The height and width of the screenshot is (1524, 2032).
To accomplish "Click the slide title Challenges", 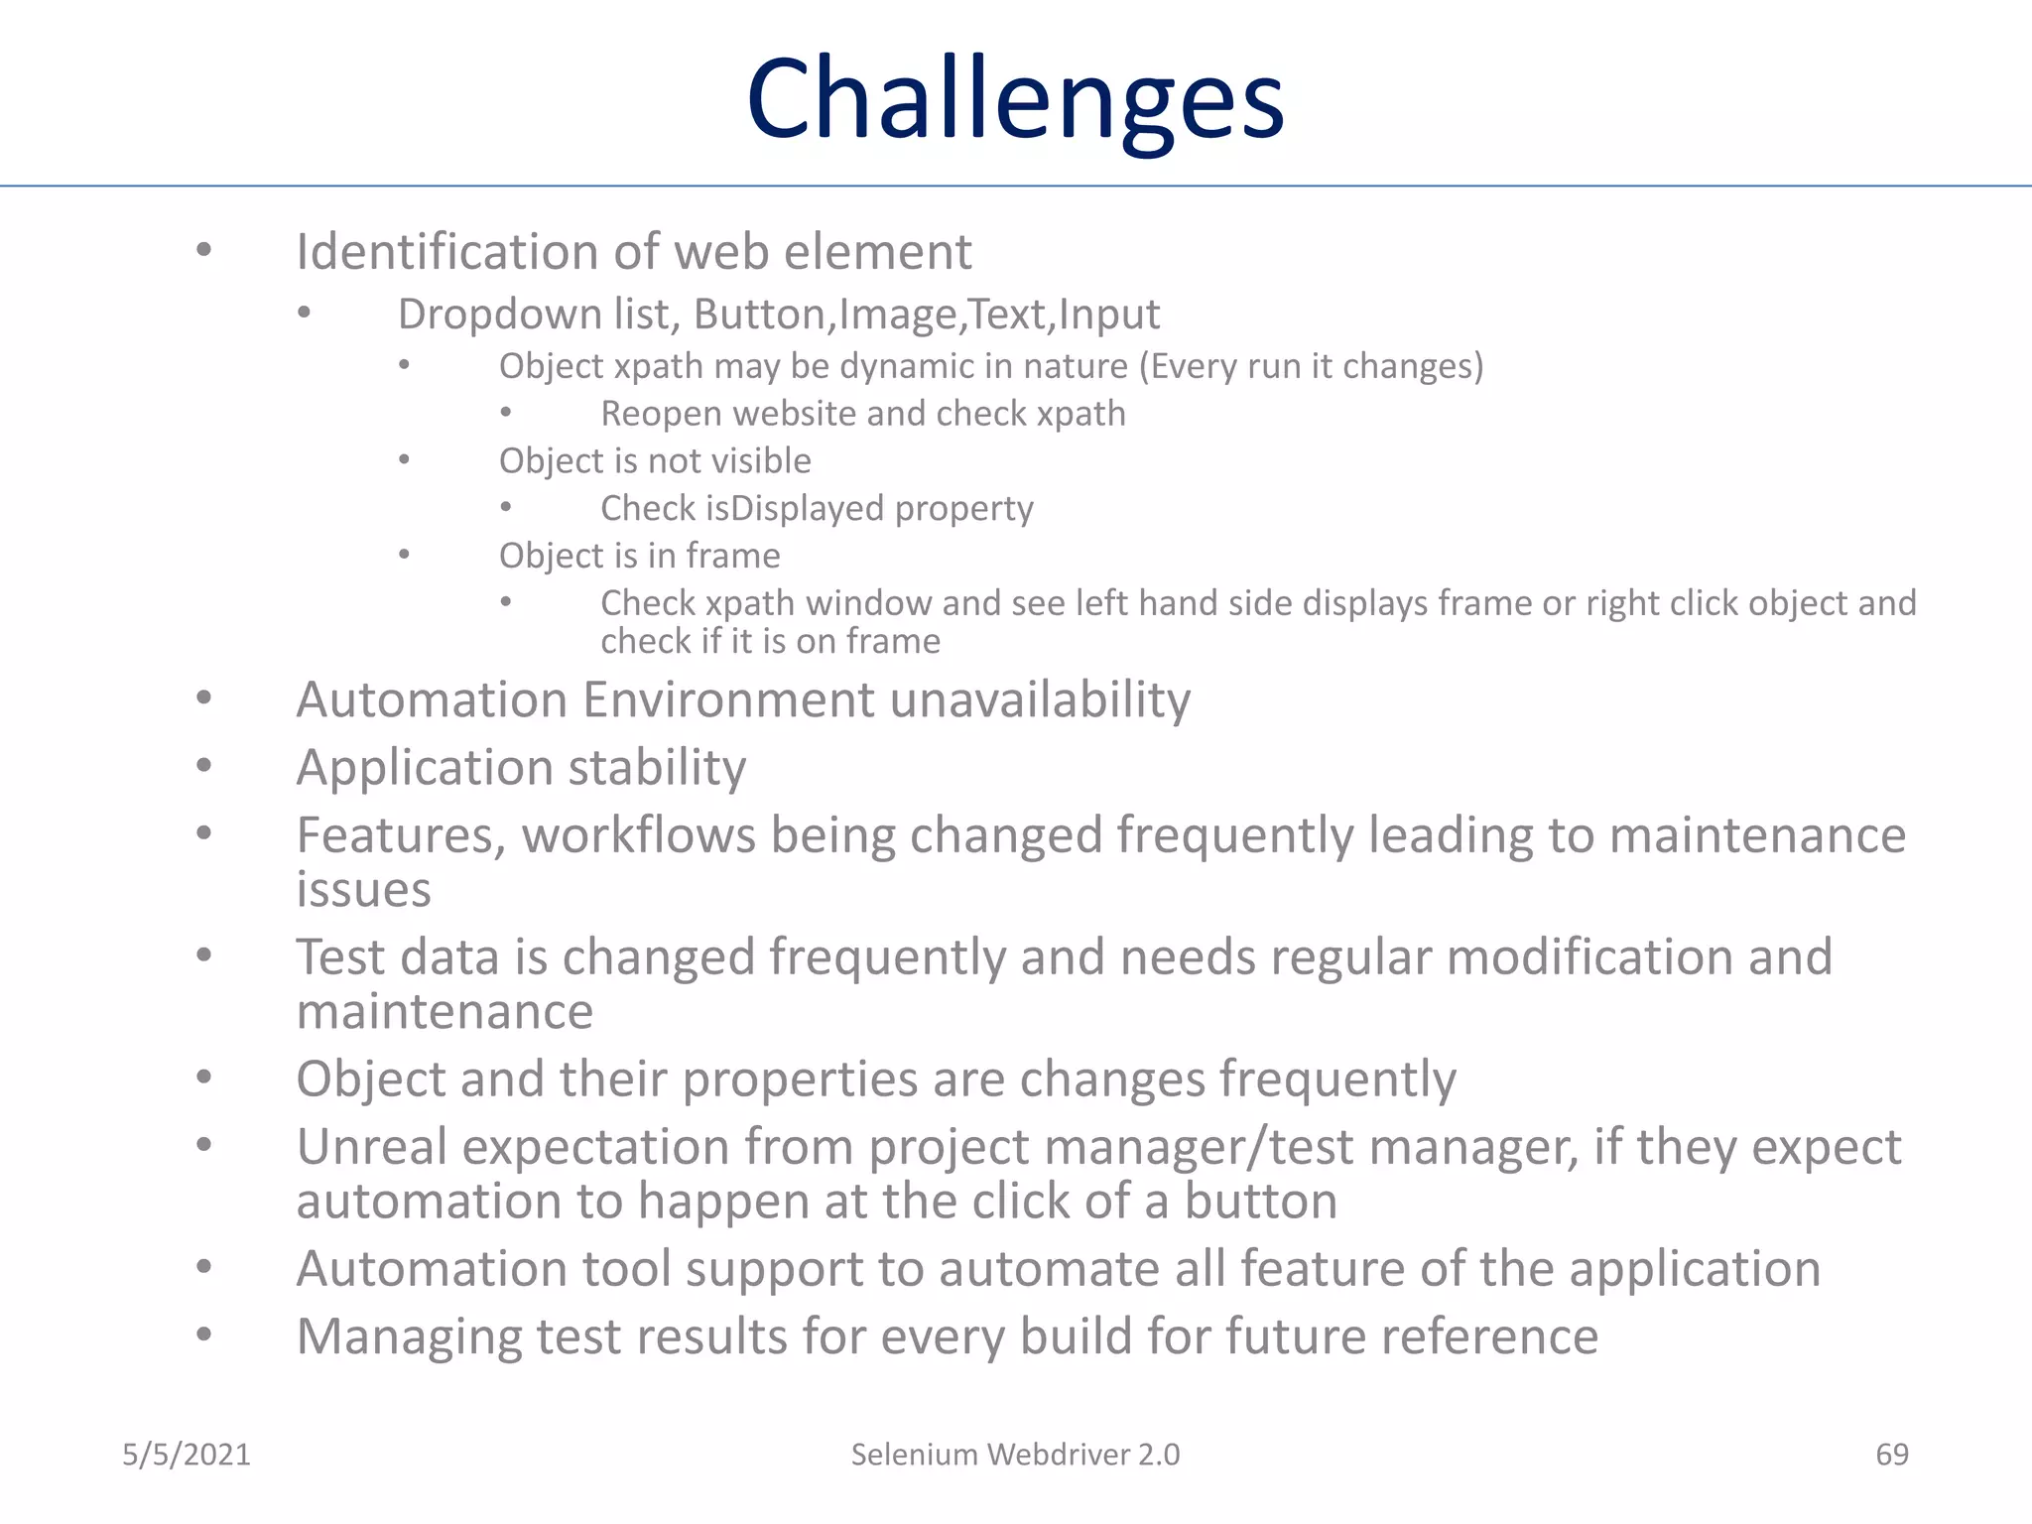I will tap(1015, 100).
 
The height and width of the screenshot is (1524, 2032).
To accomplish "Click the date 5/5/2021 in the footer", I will tap(187, 1455).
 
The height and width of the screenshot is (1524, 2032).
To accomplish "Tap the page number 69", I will tap(1892, 1455).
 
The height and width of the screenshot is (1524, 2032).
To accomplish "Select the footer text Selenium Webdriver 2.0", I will tap(1015, 1455).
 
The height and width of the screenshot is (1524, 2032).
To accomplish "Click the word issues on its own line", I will tap(363, 890).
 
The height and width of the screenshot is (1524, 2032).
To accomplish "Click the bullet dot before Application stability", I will tap(203, 765).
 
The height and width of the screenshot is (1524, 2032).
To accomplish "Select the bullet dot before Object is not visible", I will tap(404, 459).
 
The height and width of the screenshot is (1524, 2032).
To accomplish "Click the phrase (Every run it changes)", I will tap(1310, 367).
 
